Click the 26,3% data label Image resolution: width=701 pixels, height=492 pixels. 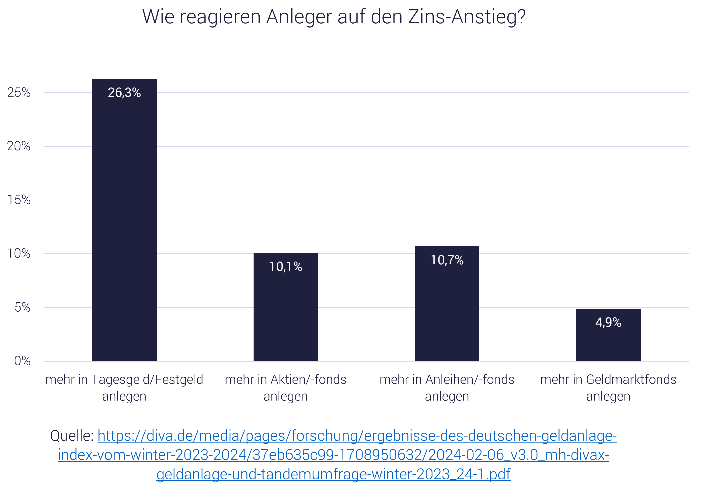[x=124, y=93]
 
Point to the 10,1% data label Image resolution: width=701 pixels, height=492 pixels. [x=286, y=267]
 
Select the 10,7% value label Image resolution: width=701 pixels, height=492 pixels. [x=447, y=260]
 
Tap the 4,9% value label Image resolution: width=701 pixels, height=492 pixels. [x=608, y=322]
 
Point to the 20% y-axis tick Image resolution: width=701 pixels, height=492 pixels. [x=19, y=146]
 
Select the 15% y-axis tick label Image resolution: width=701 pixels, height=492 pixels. [x=19, y=200]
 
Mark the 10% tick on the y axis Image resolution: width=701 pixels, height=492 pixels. [x=19, y=254]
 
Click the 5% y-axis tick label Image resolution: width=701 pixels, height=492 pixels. [x=22, y=307]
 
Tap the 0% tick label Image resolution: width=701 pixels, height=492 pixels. [x=22, y=361]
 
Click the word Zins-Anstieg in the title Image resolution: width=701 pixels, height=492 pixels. [x=467, y=17]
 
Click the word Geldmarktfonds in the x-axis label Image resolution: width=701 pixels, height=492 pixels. [x=631, y=380]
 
